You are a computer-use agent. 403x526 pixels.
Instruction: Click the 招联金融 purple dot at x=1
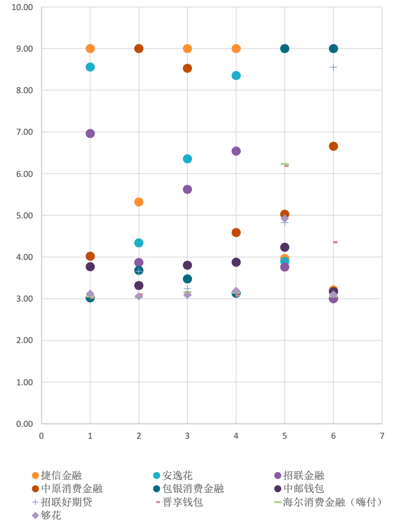point(90,134)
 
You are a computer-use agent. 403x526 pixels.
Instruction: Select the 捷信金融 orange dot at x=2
point(139,202)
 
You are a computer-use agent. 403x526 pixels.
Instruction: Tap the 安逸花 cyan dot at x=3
point(187,159)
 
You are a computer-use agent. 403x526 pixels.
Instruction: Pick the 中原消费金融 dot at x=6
point(333,146)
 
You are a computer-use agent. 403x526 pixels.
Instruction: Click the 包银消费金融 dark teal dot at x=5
point(285,49)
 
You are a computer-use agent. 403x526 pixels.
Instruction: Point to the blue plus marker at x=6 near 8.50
point(333,67)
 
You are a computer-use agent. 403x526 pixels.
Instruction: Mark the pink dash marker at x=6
point(335,242)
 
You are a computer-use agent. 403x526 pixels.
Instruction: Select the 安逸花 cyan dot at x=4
point(236,75)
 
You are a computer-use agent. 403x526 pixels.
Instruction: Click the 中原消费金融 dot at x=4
point(236,233)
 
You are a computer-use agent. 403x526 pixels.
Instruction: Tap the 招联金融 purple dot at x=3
point(187,189)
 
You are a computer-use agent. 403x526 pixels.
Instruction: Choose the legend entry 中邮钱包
point(303,489)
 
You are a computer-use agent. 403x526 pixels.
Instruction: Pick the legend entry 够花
point(51,515)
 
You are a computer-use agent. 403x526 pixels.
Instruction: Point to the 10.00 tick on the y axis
point(23,7)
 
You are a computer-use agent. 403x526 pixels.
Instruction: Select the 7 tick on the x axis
point(382,436)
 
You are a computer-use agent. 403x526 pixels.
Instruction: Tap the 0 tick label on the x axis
point(42,436)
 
